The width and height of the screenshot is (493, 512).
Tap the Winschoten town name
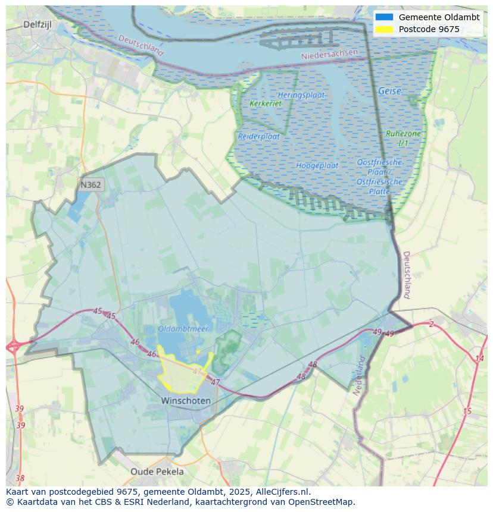(x=186, y=401)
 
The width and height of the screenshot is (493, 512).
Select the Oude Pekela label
(x=157, y=472)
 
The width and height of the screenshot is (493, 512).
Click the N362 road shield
(x=91, y=185)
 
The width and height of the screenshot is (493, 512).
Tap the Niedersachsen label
(x=329, y=54)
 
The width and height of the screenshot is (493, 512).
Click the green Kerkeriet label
(x=265, y=103)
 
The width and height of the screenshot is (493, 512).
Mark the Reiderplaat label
(x=259, y=136)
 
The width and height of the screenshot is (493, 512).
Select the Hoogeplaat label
(x=317, y=165)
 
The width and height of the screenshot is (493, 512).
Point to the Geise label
(x=389, y=92)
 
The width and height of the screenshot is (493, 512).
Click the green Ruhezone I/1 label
(x=403, y=139)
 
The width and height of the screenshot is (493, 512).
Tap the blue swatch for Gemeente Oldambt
(x=385, y=17)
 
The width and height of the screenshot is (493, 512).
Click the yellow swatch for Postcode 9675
(x=385, y=29)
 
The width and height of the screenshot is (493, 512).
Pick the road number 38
(x=20, y=478)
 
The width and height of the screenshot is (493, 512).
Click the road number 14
(x=479, y=358)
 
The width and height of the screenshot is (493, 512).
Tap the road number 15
(x=467, y=412)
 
